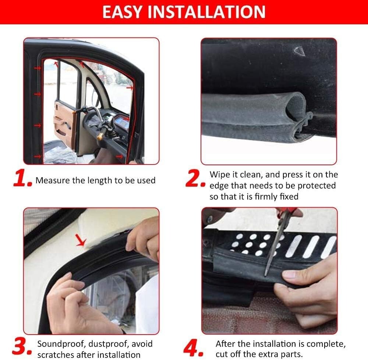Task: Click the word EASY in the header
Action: pos(124,12)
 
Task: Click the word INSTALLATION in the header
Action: pos(207,12)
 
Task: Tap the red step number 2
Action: pos(195,179)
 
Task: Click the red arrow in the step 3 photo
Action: pos(81,240)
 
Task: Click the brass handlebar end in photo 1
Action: pos(100,135)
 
